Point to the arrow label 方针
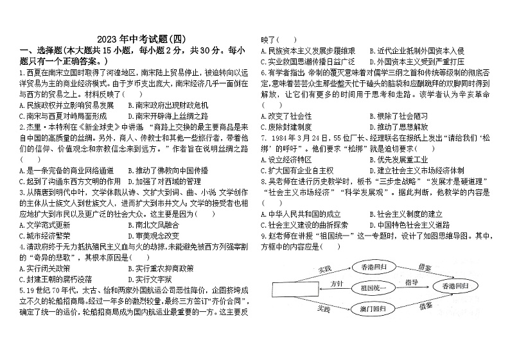point(337,282)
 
